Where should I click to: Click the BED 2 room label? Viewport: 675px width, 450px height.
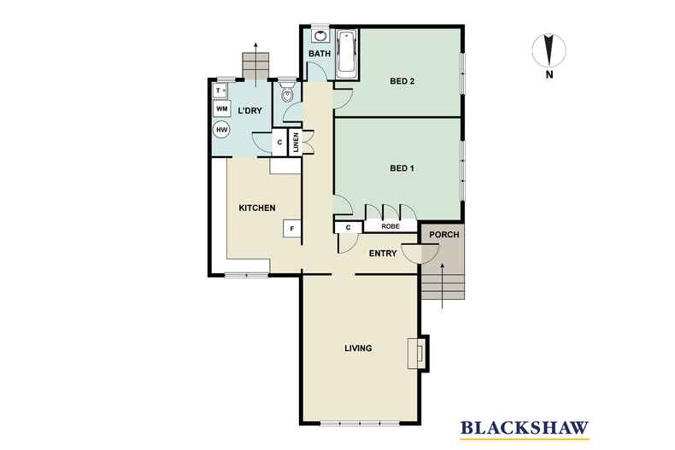(x=402, y=81)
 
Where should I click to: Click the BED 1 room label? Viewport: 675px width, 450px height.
(x=402, y=168)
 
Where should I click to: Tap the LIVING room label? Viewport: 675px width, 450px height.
(x=358, y=348)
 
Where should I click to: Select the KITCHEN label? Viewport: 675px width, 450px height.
(x=257, y=207)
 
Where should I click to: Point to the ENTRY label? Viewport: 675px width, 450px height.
(x=383, y=254)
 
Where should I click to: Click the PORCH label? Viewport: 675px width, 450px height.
(x=444, y=235)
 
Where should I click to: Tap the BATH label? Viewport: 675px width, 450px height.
(x=320, y=54)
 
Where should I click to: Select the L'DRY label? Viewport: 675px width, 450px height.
(x=249, y=110)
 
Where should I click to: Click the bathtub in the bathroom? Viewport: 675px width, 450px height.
(x=347, y=54)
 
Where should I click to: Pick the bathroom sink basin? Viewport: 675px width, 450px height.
(x=320, y=36)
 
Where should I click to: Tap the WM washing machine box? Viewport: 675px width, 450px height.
(x=221, y=108)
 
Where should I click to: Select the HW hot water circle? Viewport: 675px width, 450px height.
(x=221, y=130)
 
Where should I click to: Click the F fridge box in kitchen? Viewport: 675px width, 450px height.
(x=292, y=229)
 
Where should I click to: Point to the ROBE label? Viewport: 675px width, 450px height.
(x=390, y=226)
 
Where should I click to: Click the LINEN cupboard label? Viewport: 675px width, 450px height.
(x=296, y=143)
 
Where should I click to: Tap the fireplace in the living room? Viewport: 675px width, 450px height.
(x=417, y=354)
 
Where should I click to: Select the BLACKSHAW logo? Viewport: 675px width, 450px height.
(x=525, y=429)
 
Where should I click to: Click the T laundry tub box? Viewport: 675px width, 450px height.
(x=220, y=91)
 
